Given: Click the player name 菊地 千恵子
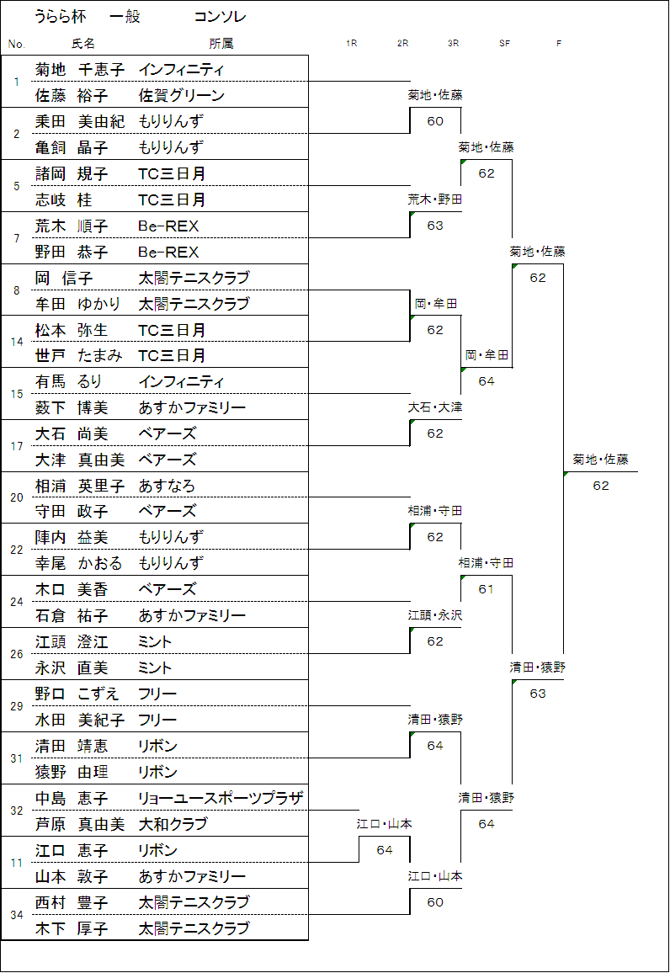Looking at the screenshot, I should tap(80, 69).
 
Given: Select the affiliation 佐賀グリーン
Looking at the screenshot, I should tap(182, 95).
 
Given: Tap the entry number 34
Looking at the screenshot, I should tap(17, 915).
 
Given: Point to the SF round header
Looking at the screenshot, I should tap(504, 43).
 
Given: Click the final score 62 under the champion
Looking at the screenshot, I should tap(601, 486).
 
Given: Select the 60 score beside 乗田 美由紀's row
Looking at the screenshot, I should tap(435, 121).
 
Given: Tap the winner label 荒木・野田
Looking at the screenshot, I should tap(435, 199).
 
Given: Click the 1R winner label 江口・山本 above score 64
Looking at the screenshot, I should tap(384, 824).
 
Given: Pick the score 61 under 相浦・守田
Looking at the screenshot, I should tap(487, 589).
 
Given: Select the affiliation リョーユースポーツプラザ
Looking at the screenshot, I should tap(221, 798).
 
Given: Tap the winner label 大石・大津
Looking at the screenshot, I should tap(435, 407).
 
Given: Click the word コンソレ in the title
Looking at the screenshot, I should tap(220, 17).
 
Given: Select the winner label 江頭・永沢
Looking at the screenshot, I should tap(435, 615).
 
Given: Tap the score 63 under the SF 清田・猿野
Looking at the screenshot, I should tap(538, 694).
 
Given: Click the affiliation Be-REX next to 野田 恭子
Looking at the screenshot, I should tap(168, 252).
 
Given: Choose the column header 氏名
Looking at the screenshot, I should tap(83, 43).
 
